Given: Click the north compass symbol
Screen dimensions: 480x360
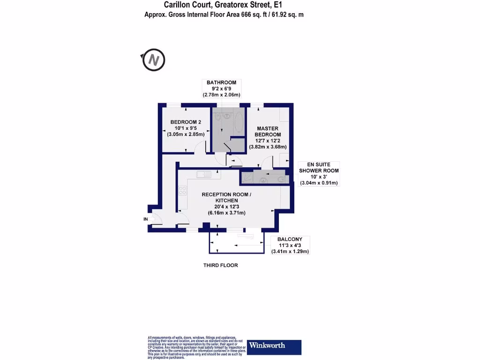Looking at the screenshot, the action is point(154,60).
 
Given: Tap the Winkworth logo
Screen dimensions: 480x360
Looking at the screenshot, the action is point(274,346).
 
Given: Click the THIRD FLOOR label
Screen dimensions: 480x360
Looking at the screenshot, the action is point(220,265).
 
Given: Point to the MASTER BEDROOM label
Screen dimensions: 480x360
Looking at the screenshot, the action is point(268,132).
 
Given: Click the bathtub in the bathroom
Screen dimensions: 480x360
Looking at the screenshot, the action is point(238,123).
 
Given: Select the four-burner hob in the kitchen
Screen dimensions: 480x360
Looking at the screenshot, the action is point(182,191).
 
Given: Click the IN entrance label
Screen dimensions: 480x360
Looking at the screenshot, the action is point(145,219).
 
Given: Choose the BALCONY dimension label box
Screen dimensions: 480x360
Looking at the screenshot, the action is point(290,245).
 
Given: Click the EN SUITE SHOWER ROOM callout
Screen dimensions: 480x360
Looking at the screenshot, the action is point(319,174).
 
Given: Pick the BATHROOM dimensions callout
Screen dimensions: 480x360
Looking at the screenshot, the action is point(221,89).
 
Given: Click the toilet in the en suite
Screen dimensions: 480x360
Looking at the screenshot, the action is point(280,178).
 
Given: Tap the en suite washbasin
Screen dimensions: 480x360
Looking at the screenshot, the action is point(264,179).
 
